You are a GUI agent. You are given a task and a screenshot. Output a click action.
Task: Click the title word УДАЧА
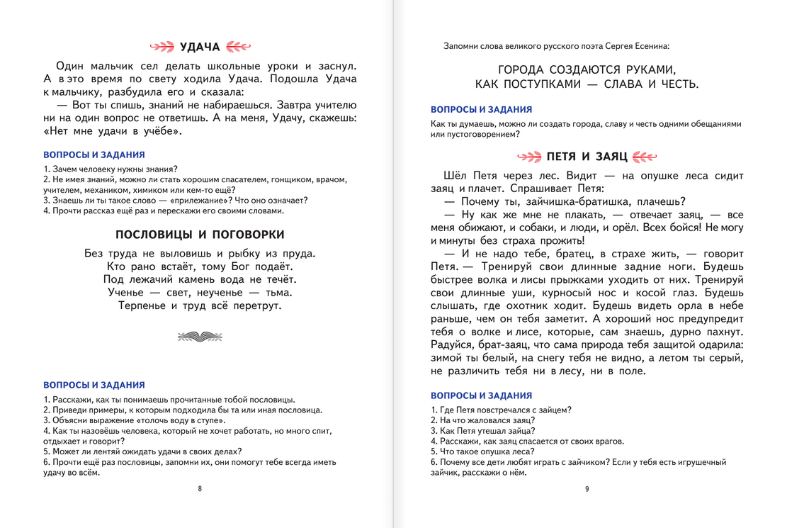click(x=200, y=47)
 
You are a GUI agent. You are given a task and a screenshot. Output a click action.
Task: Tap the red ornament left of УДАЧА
click(x=164, y=47)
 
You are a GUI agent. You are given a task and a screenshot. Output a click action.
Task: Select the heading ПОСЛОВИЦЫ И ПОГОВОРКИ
click(x=200, y=235)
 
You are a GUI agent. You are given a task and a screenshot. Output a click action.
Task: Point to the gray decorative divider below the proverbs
click(x=199, y=336)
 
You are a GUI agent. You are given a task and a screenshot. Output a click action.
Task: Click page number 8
click(x=200, y=488)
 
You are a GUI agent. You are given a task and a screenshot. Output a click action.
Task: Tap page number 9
click(x=587, y=488)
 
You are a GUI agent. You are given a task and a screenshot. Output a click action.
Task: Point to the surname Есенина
click(x=647, y=47)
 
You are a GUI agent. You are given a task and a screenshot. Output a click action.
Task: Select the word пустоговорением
click(x=481, y=134)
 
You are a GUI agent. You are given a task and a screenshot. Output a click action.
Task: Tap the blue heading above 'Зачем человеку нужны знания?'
click(x=94, y=154)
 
